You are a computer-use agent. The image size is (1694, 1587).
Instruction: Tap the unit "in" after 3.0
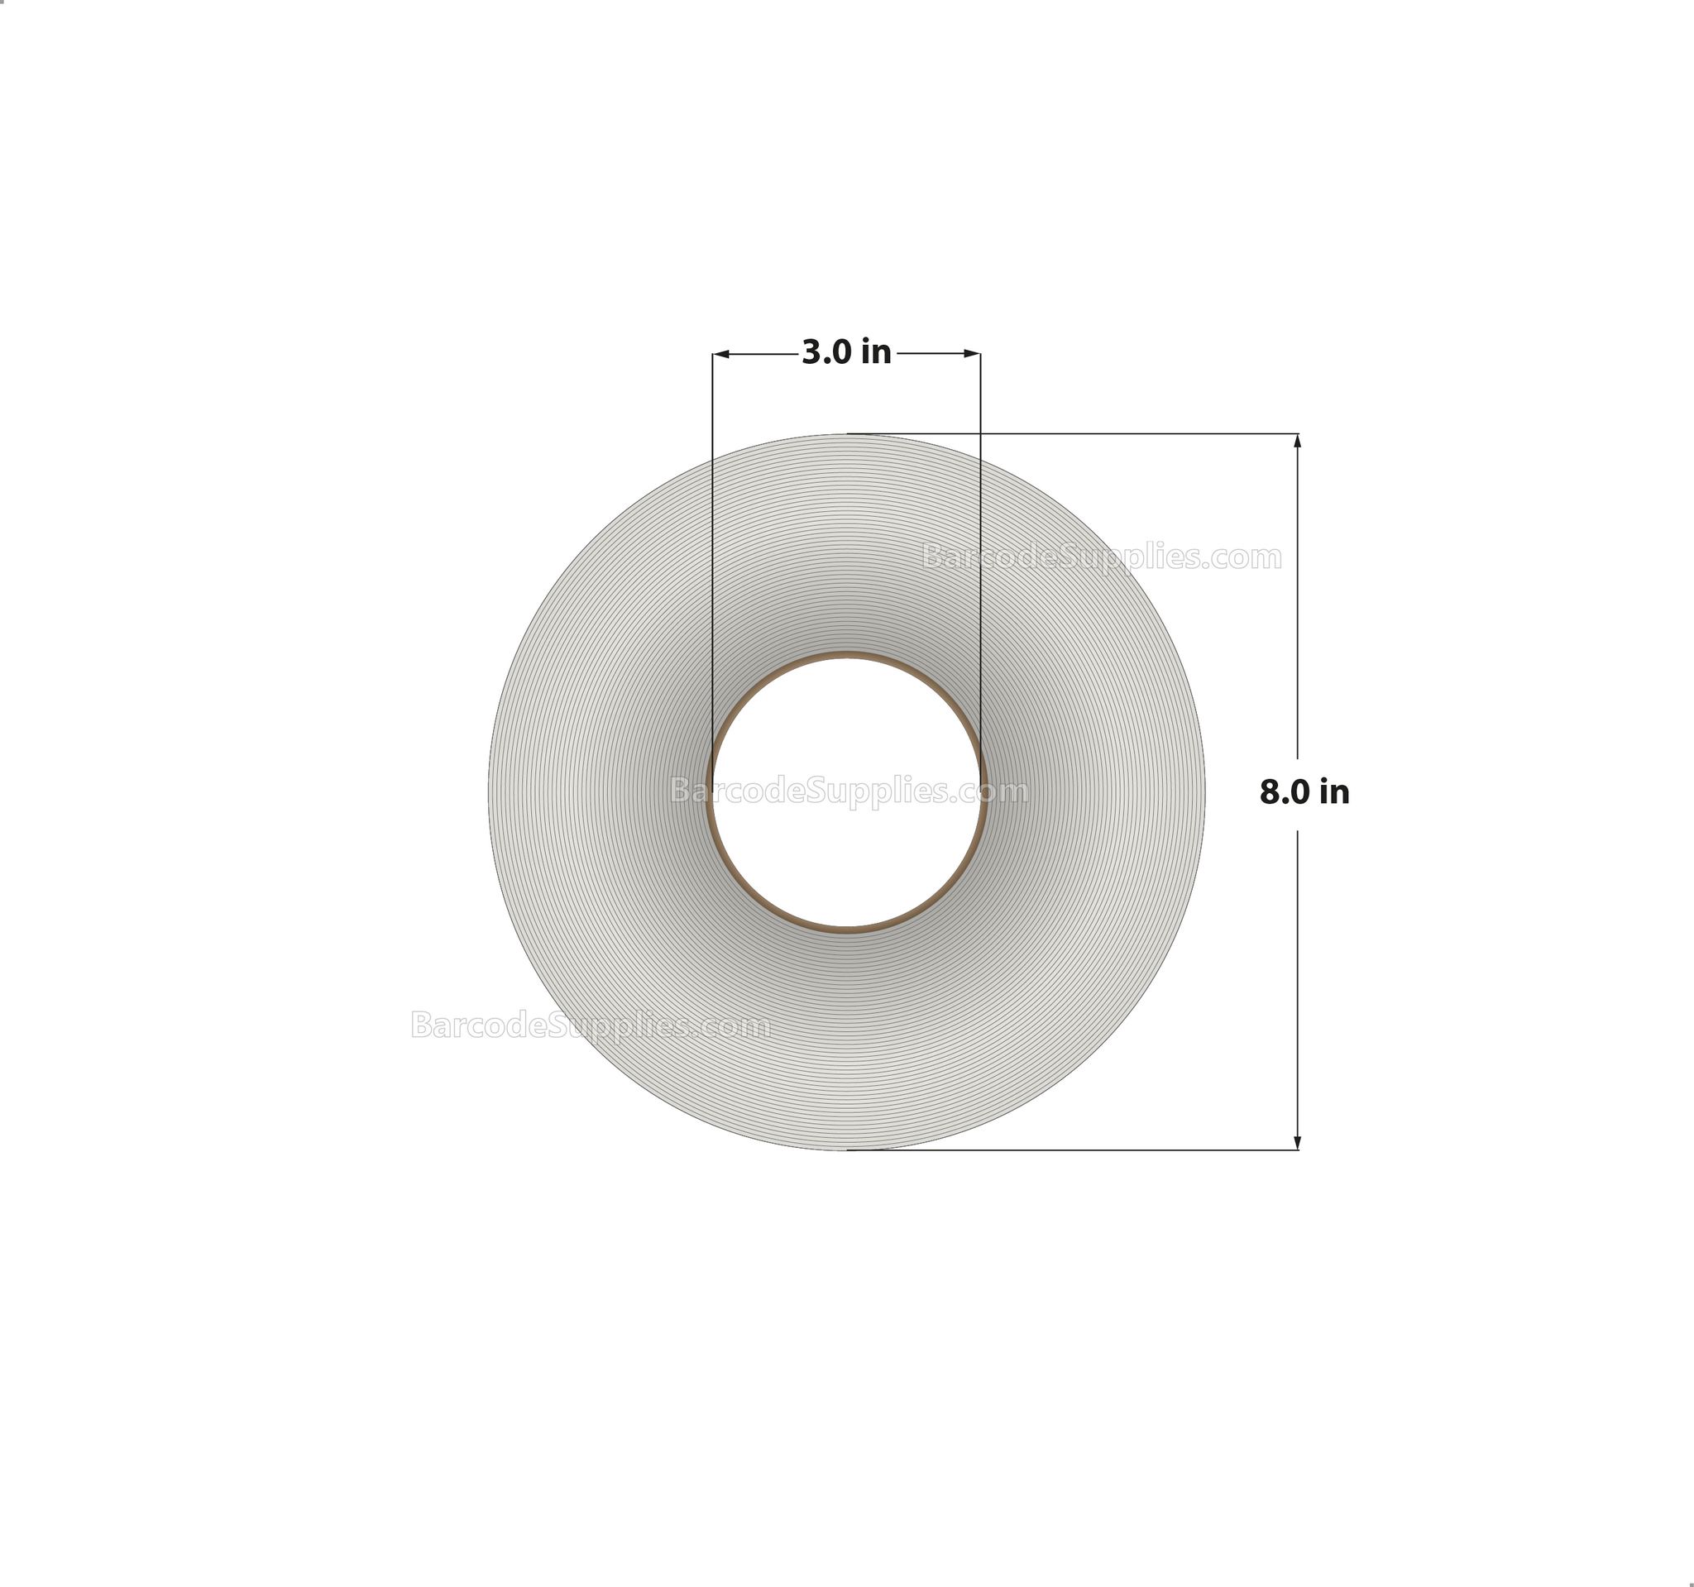click(876, 351)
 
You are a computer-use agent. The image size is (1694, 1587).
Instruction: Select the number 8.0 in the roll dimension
click(1284, 792)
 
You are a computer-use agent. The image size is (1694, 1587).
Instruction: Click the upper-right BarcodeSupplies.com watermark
click(1102, 557)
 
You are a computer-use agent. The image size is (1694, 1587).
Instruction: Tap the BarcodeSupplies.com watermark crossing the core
click(849, 791)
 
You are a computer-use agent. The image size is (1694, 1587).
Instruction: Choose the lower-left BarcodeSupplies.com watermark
click(591, 1025)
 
